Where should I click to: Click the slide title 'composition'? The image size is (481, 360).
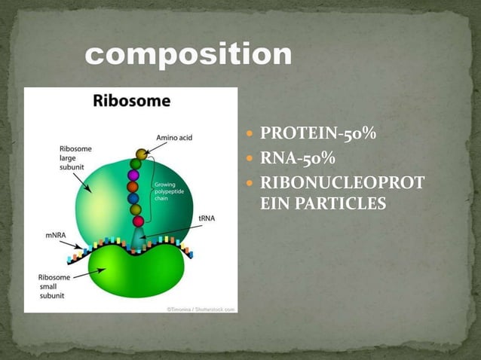click(188, 54)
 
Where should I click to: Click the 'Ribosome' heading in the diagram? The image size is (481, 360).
click(131, 100)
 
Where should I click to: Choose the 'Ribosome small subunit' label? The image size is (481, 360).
click(55, 286)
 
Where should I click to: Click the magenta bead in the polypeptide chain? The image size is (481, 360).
click(133, 175)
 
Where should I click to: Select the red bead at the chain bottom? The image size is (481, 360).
click(138, 221)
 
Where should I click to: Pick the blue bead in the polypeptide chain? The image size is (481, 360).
click(134, 198)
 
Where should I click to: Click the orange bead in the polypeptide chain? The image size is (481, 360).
click(133, 186)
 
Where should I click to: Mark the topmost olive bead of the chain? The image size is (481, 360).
click(141, 154)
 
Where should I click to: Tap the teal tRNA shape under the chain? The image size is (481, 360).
click(137, 240)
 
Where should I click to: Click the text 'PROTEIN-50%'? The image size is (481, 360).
click(318, 135)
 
